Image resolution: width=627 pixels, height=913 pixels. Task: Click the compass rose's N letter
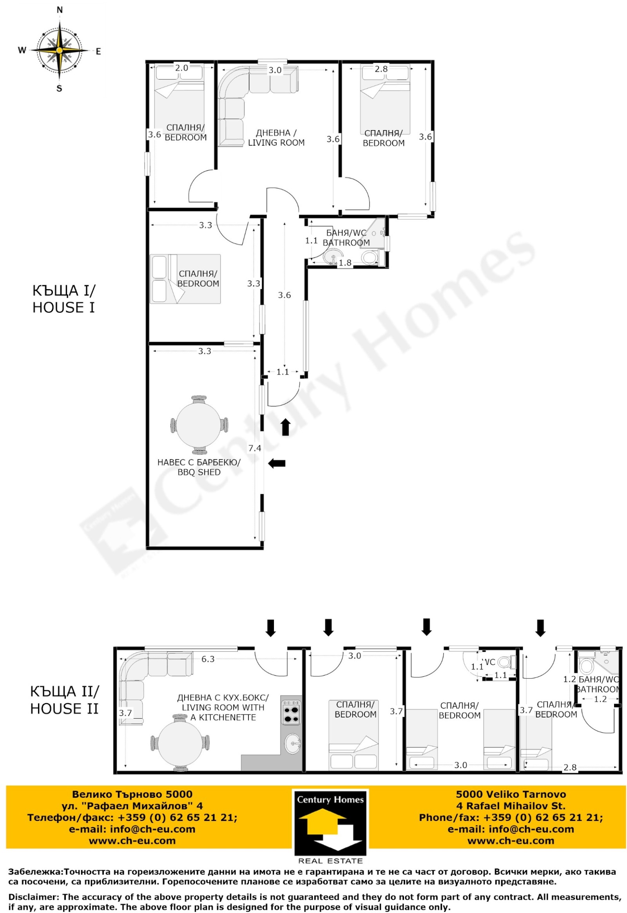60,11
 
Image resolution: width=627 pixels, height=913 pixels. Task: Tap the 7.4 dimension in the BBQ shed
255,448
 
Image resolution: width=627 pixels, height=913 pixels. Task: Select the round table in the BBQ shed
198,425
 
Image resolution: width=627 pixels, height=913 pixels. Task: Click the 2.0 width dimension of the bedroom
181,68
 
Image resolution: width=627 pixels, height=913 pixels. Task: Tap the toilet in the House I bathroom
370,258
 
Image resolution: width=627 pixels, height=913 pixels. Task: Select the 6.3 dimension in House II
208,659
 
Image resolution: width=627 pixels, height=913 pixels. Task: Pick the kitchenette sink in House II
292,743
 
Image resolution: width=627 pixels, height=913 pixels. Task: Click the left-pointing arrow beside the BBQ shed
277,464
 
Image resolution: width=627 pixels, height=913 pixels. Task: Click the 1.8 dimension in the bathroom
345,263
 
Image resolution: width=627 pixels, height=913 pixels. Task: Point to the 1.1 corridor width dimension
283,371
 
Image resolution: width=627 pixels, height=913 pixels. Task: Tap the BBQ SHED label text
199,472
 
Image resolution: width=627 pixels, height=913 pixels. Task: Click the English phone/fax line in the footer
511,817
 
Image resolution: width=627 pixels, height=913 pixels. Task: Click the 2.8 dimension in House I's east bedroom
381,69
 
